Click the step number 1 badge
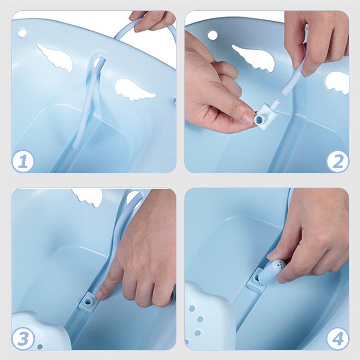coord(23,161)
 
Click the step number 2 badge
coord(337,161)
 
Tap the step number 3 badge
coord(23,338)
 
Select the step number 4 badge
coord(337,338)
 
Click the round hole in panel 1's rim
coord(22,33)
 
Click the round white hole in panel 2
coord(212,35)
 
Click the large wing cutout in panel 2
coord(253,58)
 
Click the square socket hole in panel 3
coord(87,302)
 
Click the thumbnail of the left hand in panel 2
coord(248,117)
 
